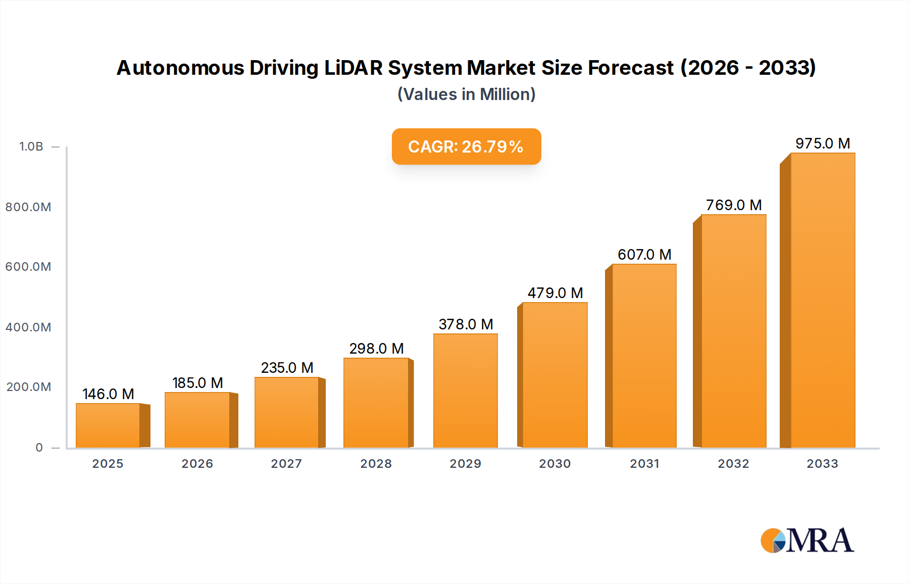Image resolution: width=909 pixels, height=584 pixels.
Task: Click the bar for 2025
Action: point(108,425)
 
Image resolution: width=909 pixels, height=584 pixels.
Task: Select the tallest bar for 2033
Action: point(822,301)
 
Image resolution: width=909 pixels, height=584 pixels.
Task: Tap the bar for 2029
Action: point(465,391)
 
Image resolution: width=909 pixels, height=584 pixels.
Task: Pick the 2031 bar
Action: point(644,356)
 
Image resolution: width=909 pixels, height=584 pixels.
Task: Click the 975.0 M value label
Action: point(823,143)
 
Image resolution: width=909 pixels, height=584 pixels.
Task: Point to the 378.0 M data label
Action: point(466,324)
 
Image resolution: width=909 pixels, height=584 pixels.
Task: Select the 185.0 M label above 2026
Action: point(197,383)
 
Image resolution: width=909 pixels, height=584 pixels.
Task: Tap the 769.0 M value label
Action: point(733,205)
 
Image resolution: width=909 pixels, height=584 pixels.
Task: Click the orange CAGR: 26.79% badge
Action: point(466,147)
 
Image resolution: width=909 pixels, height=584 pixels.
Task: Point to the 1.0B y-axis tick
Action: point(31,147)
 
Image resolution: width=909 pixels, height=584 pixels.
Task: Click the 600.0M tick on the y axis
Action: point(28,267)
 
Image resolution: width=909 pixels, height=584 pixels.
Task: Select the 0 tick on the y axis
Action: point(39,448)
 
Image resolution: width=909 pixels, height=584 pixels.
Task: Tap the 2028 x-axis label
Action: point(376,464)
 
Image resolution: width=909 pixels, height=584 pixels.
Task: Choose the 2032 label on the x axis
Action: point(733,464)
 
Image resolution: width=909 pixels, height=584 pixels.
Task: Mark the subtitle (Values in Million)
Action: point(466,94)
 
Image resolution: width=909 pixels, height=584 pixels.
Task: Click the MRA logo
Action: point(807,541)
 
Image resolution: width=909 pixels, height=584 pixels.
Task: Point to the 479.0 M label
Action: point(555,293)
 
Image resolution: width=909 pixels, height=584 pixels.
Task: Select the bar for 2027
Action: point(286,412)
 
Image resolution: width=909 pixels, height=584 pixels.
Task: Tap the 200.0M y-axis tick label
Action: point(28,387)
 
